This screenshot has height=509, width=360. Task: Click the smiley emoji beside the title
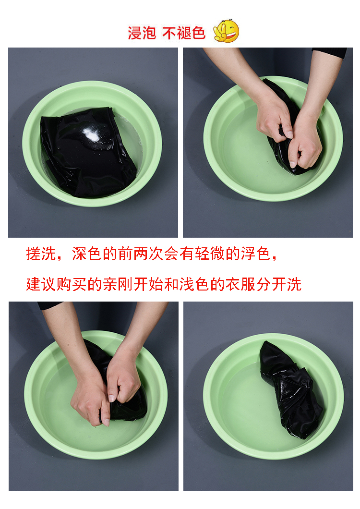click(x=226, y=31)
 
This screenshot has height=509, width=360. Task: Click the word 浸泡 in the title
click(x=142, y=33)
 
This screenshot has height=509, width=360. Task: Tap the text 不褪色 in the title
click(x=184, y=33)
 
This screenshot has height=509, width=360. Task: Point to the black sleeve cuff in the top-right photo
click(x=329, y=52)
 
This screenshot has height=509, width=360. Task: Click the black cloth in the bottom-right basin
click(x=290, y=389)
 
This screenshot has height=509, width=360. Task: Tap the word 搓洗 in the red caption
click(x=41, y=254)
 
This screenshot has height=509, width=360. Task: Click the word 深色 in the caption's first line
click(x=86, y=254)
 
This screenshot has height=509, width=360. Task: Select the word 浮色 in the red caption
click(x=255, y=254)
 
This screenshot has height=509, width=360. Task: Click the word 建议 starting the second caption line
click(x=41, y=284)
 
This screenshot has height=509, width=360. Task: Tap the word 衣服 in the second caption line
click(x=240, y=284)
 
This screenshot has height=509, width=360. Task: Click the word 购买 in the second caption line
click(x=72, y=284)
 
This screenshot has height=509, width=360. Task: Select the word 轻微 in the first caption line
click(x=209, y=254)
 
